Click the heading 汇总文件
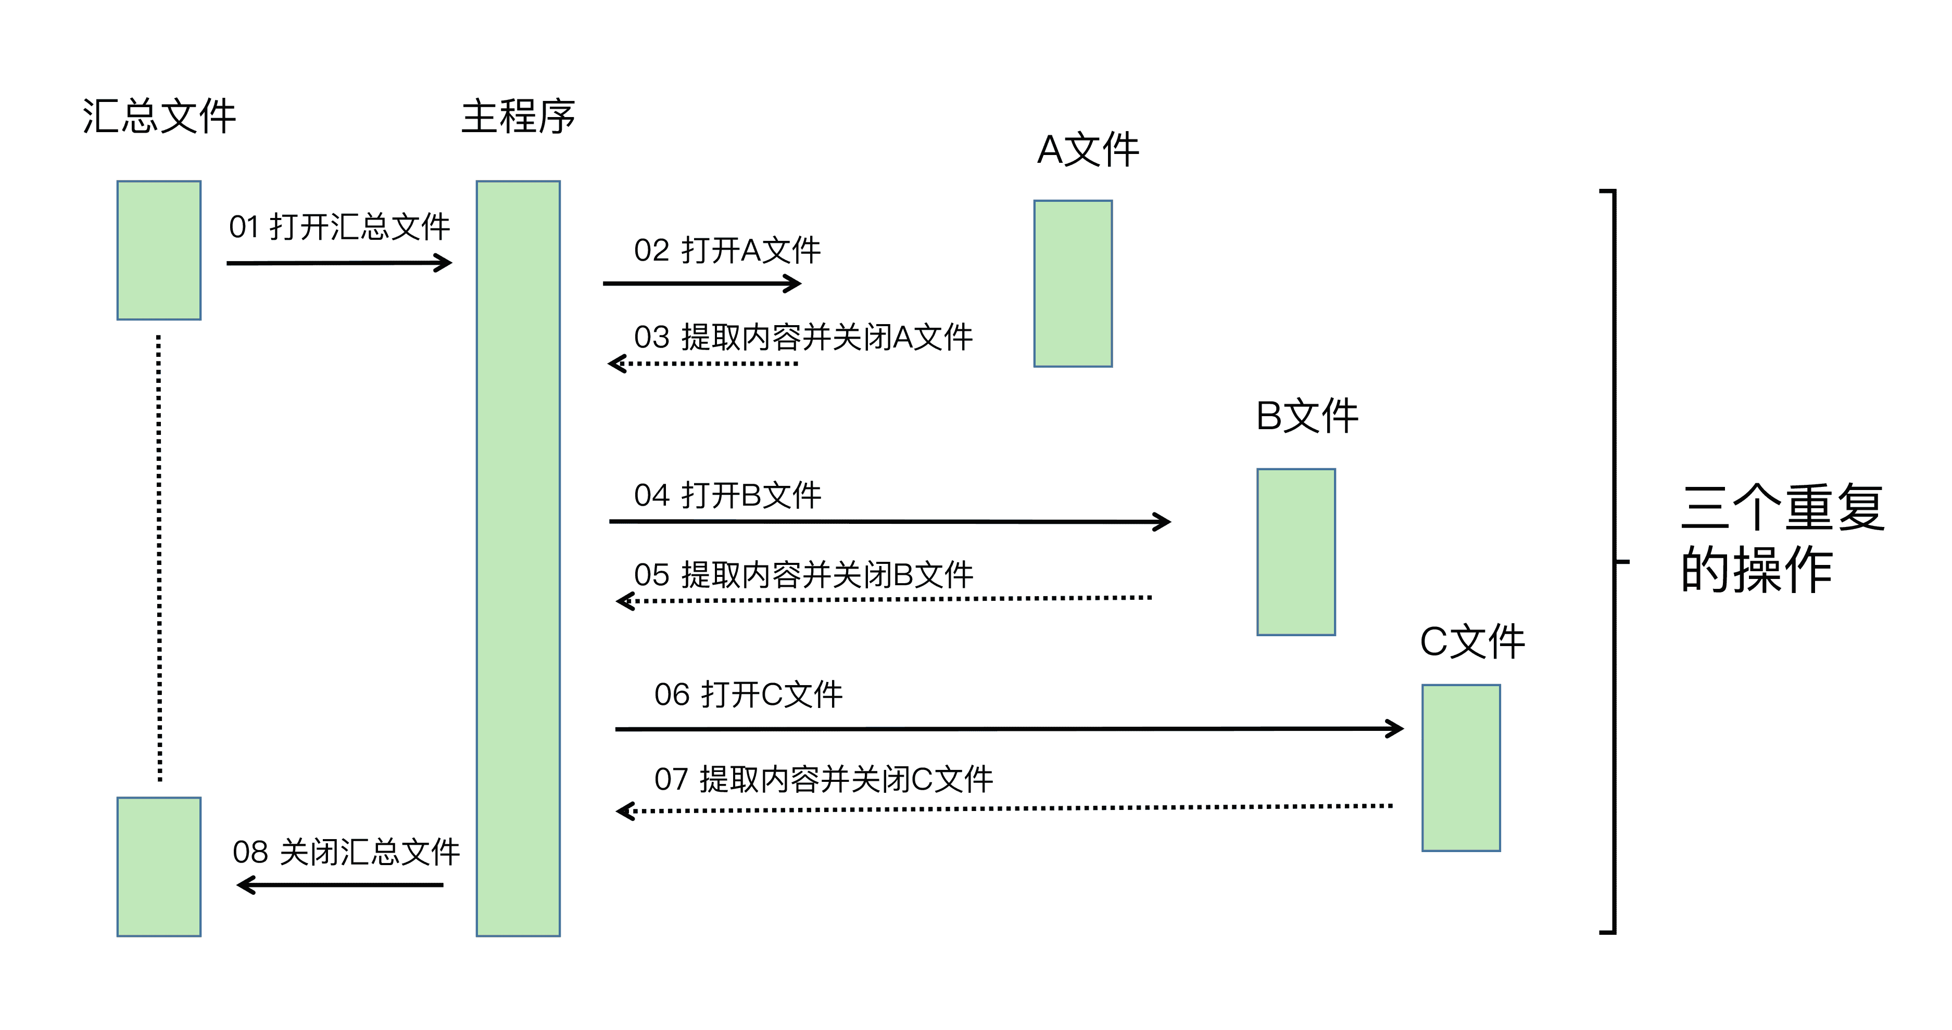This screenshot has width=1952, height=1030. [159, 117]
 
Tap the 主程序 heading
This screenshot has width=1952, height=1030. [518, 117]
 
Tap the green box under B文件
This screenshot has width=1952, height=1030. [1296, 551]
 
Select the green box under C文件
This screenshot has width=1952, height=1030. [1461, 767]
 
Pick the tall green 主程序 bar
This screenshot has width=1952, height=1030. [518, 558]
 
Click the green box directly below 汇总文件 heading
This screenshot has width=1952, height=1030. [159, 250]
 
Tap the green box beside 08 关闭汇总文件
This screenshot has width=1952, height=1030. [159, 867]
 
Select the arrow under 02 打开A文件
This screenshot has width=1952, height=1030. [702, 283]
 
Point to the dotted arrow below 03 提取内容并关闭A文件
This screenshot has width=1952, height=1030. [703, 364]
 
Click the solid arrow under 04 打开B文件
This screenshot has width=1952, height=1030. [890, 521]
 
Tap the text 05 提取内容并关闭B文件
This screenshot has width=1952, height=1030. [803, 575]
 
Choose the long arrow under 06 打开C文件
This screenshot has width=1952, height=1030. [1009, 729]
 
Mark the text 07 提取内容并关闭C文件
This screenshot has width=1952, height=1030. [823, 779]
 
